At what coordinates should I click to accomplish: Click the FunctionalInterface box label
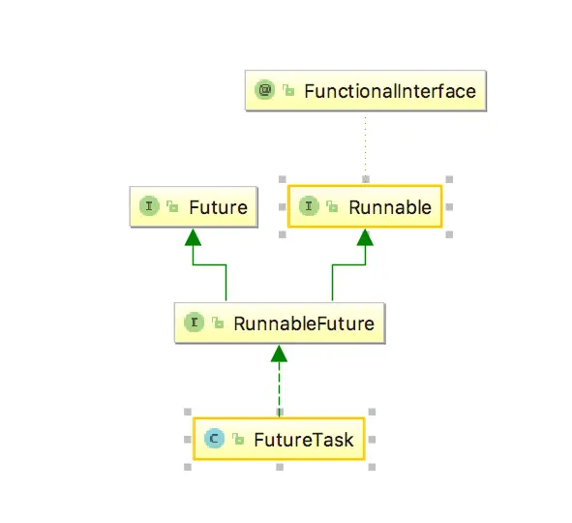click(390, 92)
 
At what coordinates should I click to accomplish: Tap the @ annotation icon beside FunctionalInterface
click(265, 91)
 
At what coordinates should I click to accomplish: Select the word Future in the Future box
click(219, 207)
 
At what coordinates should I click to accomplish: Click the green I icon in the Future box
click(150, 206)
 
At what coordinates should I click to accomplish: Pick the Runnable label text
click(390, 206)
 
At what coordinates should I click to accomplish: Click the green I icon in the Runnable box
click(309, 206)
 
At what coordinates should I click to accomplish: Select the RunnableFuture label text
click(304, 323)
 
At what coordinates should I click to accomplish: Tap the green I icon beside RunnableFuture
click(195, 323)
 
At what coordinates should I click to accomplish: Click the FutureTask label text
click(304, 441)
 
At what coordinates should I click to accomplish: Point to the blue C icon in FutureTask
click(215, 441)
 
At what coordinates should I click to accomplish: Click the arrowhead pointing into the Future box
click(193, 236)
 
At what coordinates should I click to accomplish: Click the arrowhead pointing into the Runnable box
click(365, 236)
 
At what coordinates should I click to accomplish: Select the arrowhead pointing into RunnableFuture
click(280, 353)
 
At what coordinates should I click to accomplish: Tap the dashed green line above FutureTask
click(280, 392)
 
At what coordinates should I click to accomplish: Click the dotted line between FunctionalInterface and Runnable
click(365, 145)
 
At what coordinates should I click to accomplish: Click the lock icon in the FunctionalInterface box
click(288, 92)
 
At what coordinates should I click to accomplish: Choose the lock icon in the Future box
click(172, 207)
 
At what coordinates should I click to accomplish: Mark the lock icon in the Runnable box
click(331, 207)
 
